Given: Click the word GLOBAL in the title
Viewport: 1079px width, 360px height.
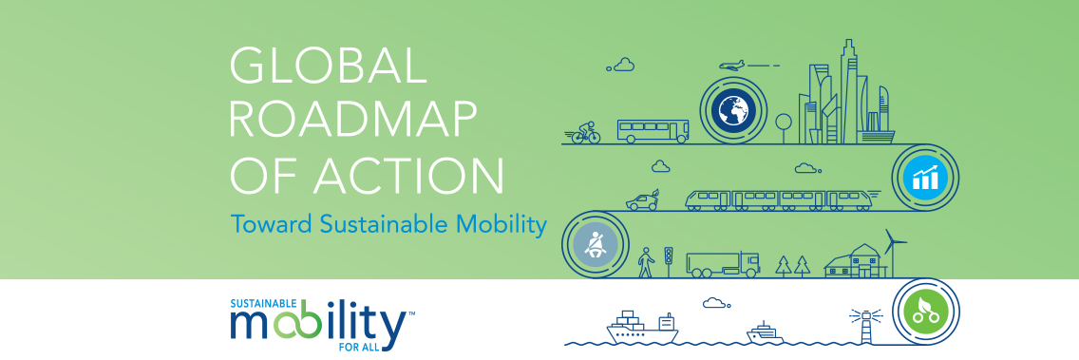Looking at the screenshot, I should click(323, 69).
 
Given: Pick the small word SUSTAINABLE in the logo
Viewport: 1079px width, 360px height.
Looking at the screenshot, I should click(262, 306).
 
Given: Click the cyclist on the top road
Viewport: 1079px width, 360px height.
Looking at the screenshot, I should click(586, 131).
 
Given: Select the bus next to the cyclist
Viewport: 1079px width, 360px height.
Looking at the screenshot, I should click(653, 130).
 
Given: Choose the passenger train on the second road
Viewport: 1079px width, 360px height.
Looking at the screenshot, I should click(777, 199).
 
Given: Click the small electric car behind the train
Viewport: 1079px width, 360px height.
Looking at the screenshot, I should click(643, 200).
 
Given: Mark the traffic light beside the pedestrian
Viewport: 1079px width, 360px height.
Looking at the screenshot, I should click(669, 258).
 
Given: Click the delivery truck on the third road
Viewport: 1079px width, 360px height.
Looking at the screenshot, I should click(723, 263).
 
